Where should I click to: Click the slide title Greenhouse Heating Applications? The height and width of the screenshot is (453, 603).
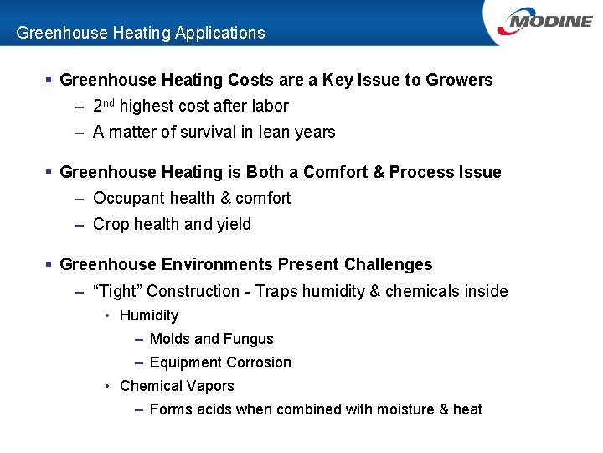coord(141,34)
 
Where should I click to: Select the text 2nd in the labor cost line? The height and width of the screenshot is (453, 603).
coord(103,106)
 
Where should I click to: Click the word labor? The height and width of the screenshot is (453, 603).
coord(269,107)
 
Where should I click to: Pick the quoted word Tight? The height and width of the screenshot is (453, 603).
coord(117,291)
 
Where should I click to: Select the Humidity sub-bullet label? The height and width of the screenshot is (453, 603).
coord(149,315)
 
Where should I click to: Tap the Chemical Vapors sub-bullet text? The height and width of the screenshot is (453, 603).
coord(177,386)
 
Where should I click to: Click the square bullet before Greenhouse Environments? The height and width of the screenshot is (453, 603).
coord(49,265)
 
